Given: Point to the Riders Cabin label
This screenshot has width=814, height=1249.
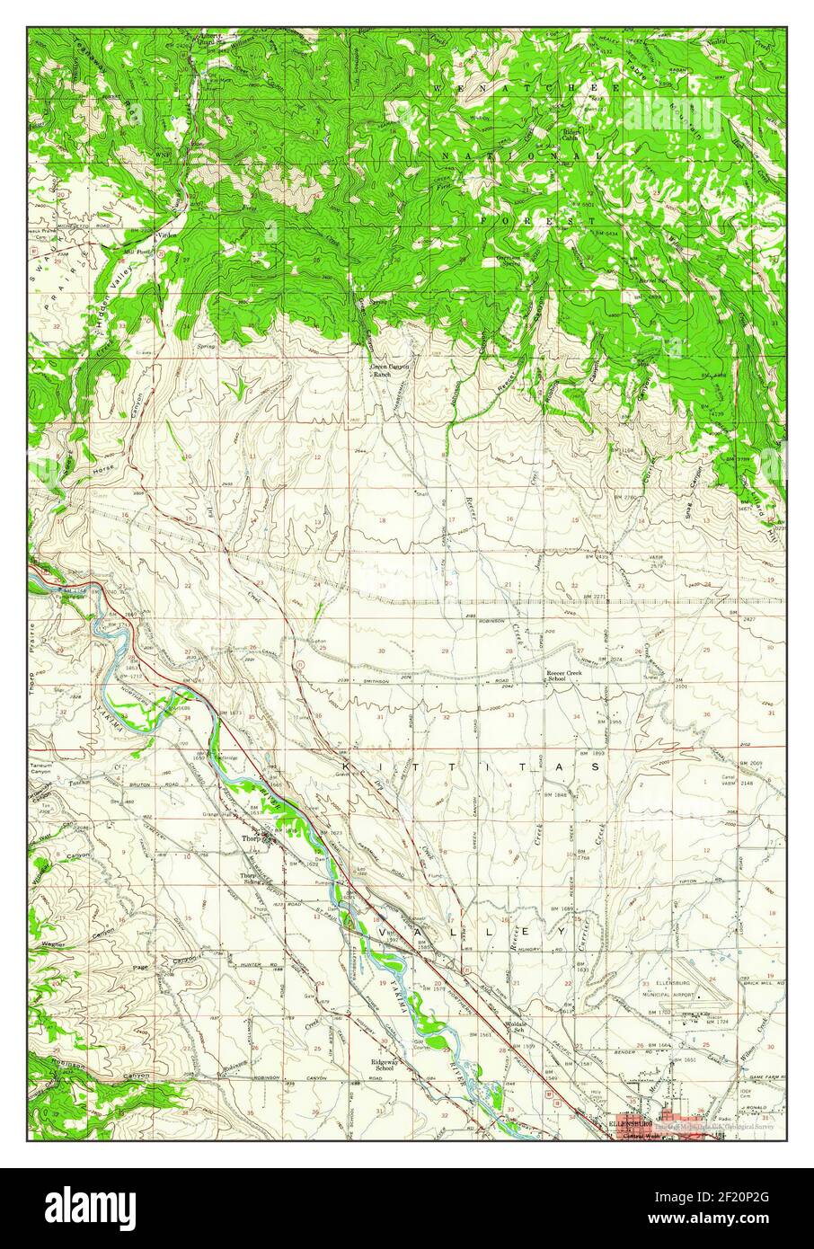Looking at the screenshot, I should coord(571,135).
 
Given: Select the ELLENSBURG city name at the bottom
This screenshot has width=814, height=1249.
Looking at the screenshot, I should coord(634,1123).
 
